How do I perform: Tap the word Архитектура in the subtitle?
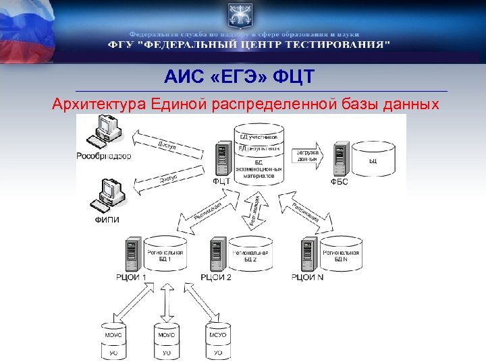coord(97,105)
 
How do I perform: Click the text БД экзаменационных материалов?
coord(256,168)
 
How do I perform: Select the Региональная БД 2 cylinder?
coord(250,255)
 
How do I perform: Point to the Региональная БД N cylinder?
coord(342,255)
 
